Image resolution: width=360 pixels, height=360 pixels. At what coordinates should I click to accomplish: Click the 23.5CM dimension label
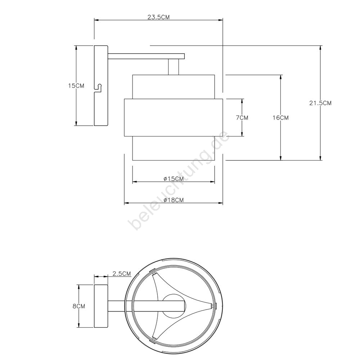tap(158, 17)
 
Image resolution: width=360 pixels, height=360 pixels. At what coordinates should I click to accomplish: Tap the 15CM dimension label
tap(76, 86)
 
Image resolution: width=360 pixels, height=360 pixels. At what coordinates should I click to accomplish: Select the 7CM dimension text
tap(242, 118)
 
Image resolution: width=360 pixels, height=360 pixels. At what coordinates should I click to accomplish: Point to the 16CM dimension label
tap(280, 118)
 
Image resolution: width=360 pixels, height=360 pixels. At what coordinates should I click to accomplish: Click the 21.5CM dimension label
tap(320, 103)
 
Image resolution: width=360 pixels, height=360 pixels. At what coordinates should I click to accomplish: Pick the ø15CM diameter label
tap(174, 179)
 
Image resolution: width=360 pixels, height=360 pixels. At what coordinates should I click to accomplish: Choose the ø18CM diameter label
tap(174, 200)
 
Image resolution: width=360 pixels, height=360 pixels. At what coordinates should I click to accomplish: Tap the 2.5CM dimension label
tap(122, 274)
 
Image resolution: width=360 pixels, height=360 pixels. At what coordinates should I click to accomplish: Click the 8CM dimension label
tap(79, 306)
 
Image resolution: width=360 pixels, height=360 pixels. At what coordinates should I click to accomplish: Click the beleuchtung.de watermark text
tap(179, 180)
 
